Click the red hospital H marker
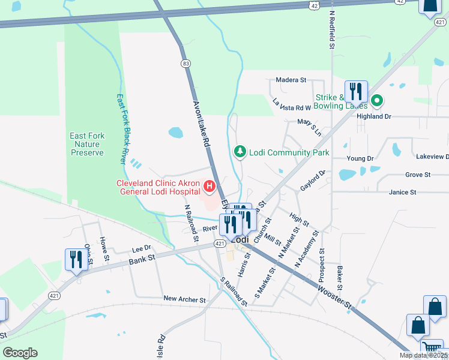pyautogui.click(x=209, y=187)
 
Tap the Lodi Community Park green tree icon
pyautogui.click(x=240, y=152)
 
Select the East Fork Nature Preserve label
pyautogui.click(x=87, y=144)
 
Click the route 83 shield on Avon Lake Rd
pyautogui.click(x=186, y=63)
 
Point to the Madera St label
pyautogui.click(x=291, y=79)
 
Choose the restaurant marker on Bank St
pyautogui.click(x=75, y=260)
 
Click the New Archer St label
pyautogui.click(x=184, y=299)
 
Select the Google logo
pyautogui.click(x=20, y=353)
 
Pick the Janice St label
pyautogui.click(x=402, y=193)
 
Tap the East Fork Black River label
pyautogui.click(x=122, y=128)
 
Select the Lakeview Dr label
pyautogui.click(x=432, y=157)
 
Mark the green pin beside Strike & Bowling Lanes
pyautogui.click(x=377, y=100)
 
